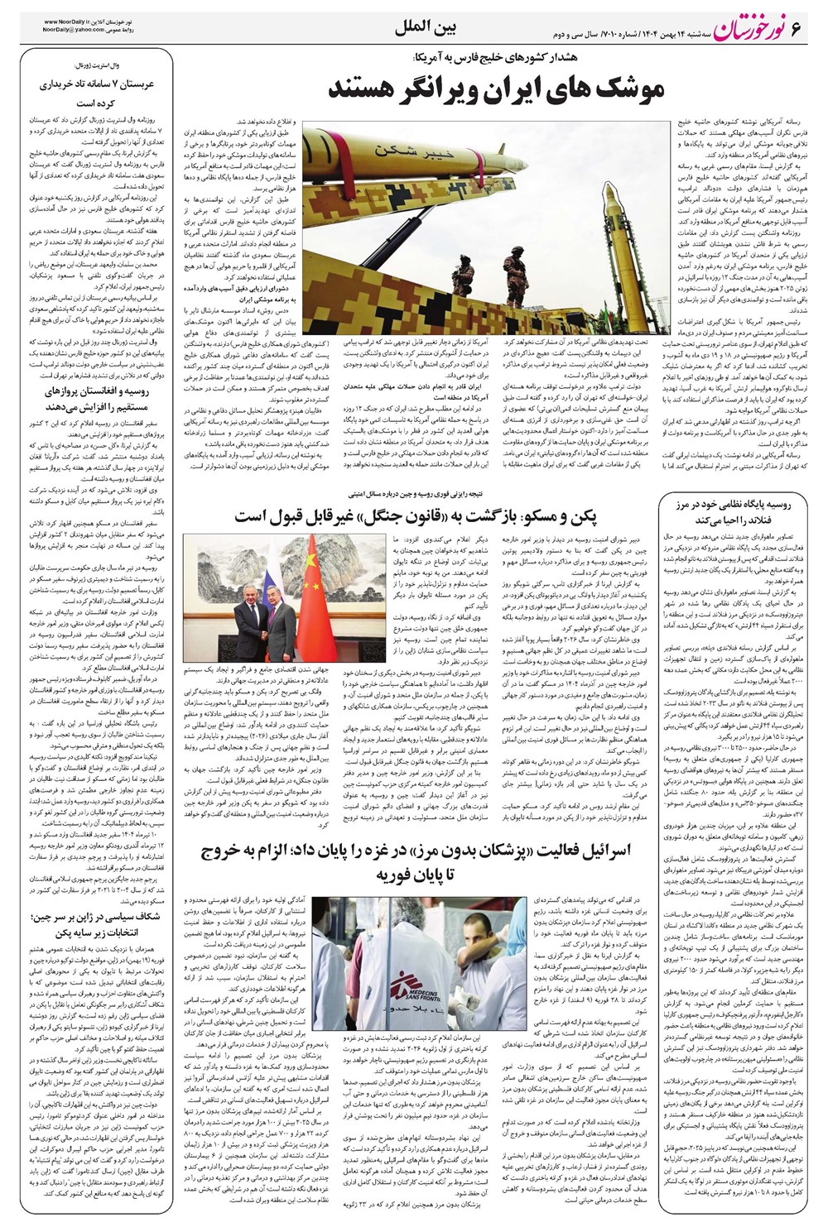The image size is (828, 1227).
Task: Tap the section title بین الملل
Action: (x=420, y=31)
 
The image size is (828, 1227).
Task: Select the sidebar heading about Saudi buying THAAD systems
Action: (x=98, y=93)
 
